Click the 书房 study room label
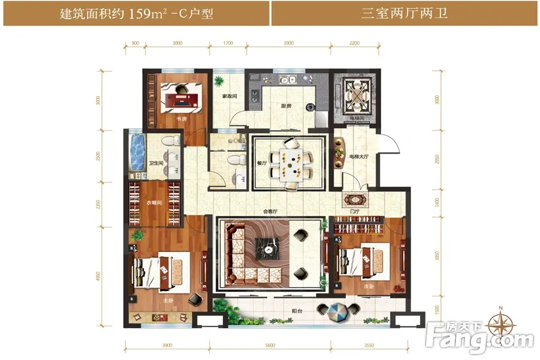click(x=179, y=119)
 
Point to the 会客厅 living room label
click(x=271, y=211)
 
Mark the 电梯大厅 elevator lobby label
click(x=359, y=157)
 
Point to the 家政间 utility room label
click(x=230, y=96)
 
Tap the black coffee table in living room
click(x=264, y=247)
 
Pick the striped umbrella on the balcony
click(x=331, y=311)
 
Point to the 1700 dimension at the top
click(x=227, y=43)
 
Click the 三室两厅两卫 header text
click(x=405, y=14)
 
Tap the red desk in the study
click(x=184, y=98)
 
